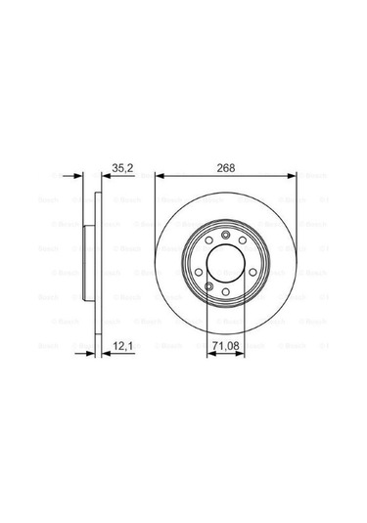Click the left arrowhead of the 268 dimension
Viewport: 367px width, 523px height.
point(160,177)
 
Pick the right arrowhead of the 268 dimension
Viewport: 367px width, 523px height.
point(291,177)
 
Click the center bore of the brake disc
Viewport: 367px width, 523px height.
point(225,265)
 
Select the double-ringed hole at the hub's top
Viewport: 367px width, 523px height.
point(225,236)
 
